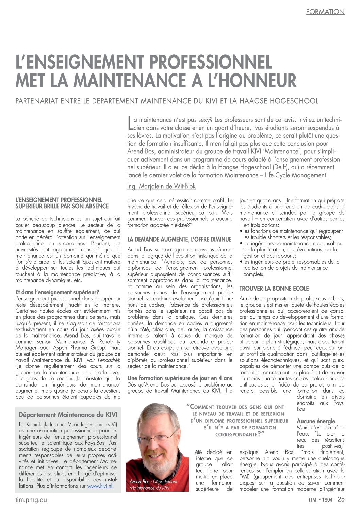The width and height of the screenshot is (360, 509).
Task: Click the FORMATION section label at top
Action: pos(325,12)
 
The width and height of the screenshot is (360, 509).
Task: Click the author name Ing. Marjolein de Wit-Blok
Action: pos(161,186)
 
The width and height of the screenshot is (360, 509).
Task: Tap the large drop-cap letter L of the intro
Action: pos(130,123)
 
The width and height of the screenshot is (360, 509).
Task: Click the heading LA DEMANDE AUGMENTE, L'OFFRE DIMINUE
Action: pos(179,240)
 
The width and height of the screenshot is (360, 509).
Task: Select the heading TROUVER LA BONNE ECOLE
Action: pos(274,289)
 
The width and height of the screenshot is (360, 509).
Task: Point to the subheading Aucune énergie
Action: pos(316,421)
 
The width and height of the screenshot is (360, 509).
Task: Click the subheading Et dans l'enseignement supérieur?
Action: pos(58,292)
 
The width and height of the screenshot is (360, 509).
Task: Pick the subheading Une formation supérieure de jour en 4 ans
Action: pos(180,378)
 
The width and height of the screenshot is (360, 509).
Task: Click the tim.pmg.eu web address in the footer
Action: pos(31,500)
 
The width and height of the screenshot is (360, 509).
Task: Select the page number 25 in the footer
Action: pos(341,499)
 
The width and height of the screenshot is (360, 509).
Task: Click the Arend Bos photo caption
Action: pos(153,485)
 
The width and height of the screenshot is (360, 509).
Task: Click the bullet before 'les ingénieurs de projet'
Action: pos(241,262)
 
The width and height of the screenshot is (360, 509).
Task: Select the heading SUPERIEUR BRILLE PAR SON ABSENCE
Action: pos(62,206)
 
